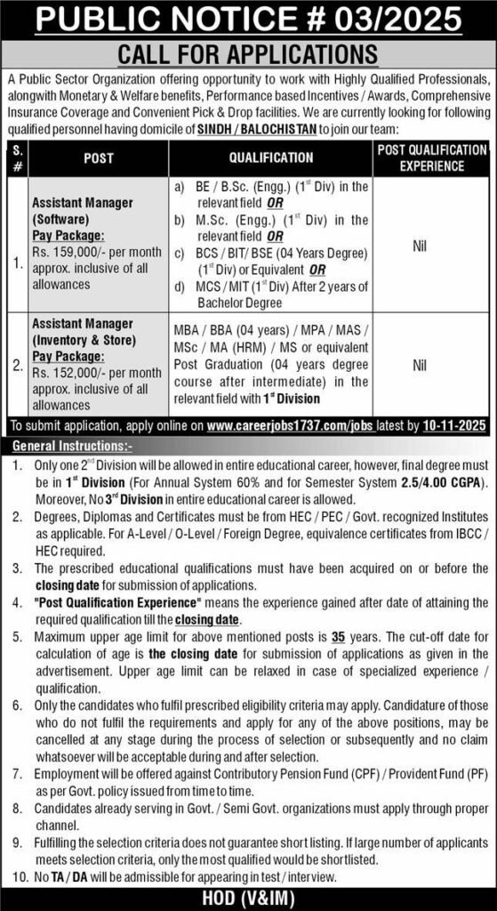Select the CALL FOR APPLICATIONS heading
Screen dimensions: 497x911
(x=248, y=54)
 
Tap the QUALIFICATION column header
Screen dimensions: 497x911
(x=271, y=157)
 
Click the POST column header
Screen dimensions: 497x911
(x=98, y=157)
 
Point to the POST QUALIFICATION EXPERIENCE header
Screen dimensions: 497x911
(x=431, y=157)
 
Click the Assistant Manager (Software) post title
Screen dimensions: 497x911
(x=81, y=210)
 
